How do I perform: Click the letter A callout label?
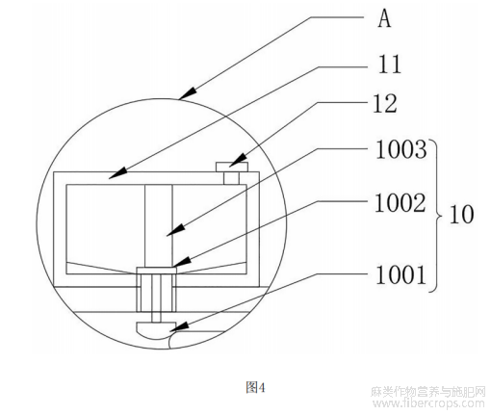click(x=384, y=18)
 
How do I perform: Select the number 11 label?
click(x=390, y=65)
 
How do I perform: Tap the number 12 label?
click(x=385, y=103)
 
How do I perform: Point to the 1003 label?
click(x=401, y=149)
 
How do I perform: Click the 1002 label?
click(x=401, y=203)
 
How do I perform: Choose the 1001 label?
click(x=401, y=274)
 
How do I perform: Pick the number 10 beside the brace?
click(x=461, y=214)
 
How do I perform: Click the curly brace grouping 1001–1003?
click(x=436, y=216)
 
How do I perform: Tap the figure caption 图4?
click(x=255, y=387)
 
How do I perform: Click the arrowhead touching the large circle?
click(x=188, y=93)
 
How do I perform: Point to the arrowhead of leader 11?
click(x=117, y=173)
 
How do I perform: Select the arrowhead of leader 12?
click(x=238, y=161)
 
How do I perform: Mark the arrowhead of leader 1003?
click(x=176, y=230)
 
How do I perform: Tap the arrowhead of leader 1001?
click(x=179, y=327)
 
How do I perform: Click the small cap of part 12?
click(x=232, y=167)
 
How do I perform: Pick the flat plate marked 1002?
click(x=157, y=271)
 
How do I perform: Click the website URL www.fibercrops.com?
click(x=428, y=403)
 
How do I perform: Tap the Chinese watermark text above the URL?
click(x=428, y=392)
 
